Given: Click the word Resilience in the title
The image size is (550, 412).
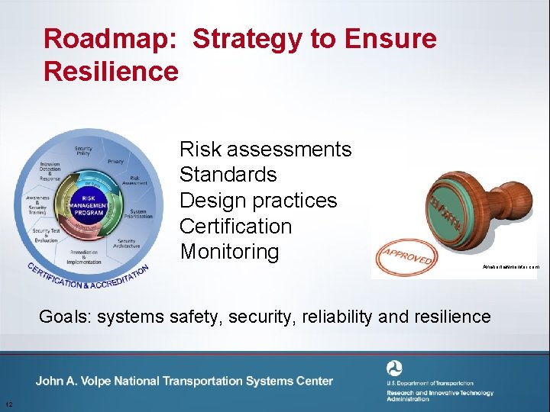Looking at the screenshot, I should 112,72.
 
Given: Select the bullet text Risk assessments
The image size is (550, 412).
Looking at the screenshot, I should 265,149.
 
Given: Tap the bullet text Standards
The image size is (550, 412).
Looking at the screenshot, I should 228,175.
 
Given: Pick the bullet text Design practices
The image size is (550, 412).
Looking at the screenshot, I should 257,201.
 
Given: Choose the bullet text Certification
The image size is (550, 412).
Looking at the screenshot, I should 235,227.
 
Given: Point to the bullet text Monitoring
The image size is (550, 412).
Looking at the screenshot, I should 229,252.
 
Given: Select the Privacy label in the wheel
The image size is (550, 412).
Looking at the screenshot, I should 115,162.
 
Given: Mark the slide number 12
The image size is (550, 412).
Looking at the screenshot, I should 6,404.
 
